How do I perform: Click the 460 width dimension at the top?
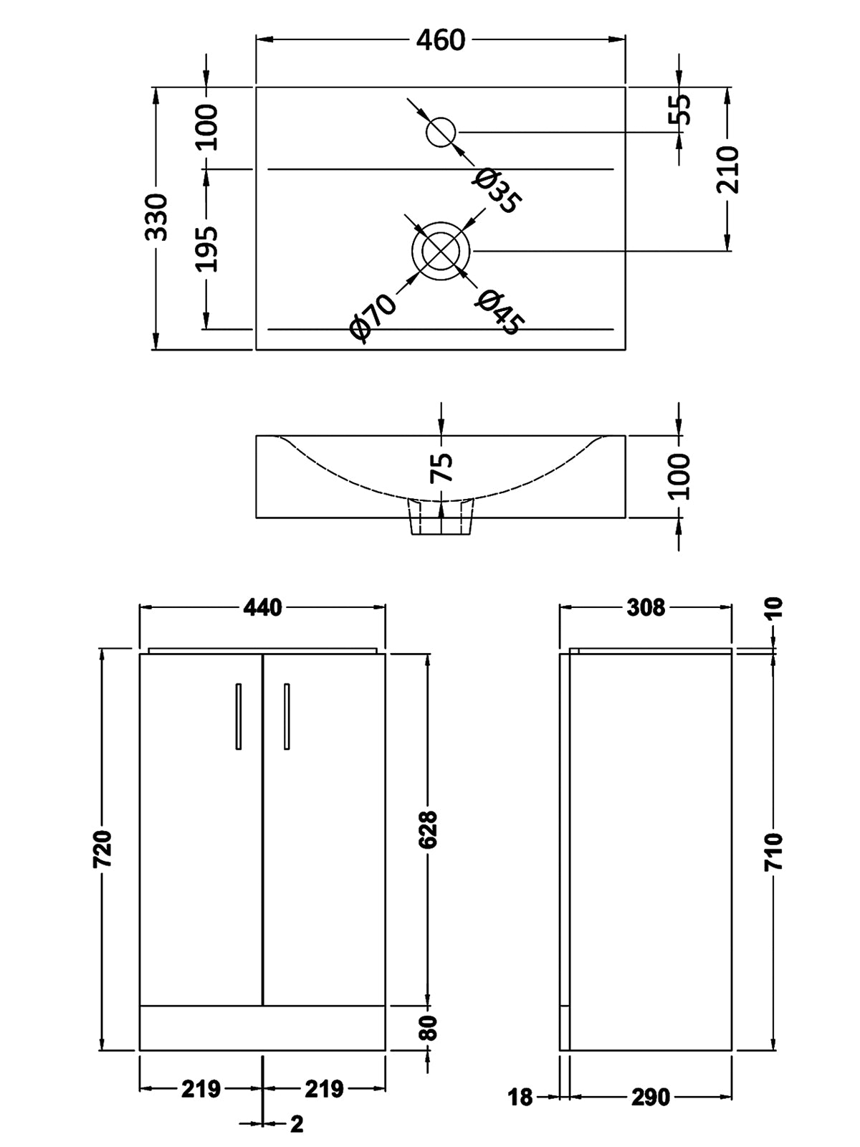(440, 40)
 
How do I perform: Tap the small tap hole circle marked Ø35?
(441, 132)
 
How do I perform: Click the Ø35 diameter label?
(496, 191)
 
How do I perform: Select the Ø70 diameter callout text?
(372, 316)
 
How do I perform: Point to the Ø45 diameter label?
(499, 312)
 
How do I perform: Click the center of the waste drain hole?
(441, 251)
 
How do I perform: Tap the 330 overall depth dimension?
(156, 218)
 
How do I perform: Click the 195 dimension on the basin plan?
(208, 249)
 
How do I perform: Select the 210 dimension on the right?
(728, 169)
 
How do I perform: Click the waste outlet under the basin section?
(441, 518)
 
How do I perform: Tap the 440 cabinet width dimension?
(262, 608)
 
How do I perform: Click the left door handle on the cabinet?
(239, 716)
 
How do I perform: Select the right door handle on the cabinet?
(287, 716)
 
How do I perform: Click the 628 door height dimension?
(428, 829)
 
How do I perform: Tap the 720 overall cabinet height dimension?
(103, 849)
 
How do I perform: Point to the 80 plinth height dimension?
(428, 1028)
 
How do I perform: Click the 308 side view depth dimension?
(646, 608)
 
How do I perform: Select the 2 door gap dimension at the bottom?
(297, 1123)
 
